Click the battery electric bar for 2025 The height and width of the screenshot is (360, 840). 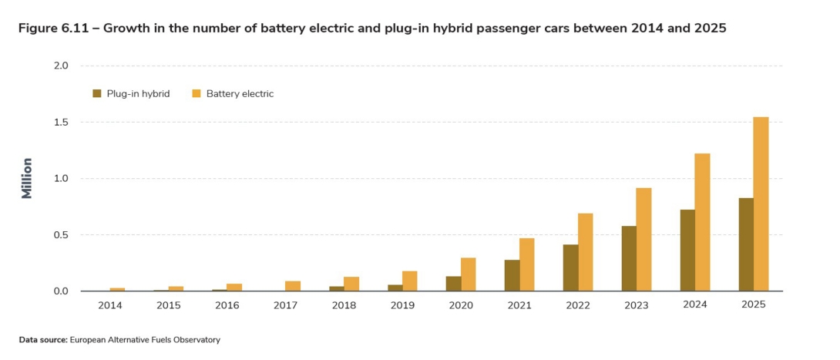pyautogui.click(x=761, y=204)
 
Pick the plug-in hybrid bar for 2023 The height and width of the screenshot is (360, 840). pyautogui.click(x=629, y=258)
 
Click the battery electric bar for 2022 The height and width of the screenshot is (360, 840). pyautogui.click(x=585, y=252)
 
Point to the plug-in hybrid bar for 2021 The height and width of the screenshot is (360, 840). pyautogui.click(x=512, y=275)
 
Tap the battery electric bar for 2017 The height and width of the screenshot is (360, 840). pyautogui.click(x=293, y=286)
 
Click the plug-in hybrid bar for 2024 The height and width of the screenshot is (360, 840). pyautogui.click(x=687, y=251)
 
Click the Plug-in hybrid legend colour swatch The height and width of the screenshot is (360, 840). pyautogui.click(x=97, y=93)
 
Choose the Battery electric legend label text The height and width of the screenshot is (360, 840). pyautogui.click(x=240, y=94)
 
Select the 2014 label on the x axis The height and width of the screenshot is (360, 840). pyautogui.click(x=110, y=305)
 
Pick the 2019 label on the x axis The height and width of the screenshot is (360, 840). pyautogui.click(x=402, y=305)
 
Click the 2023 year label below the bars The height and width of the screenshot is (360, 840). pyautogui.click(x=636, y=305)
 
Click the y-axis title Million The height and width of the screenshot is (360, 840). pyautogui.click(x=27, y=178)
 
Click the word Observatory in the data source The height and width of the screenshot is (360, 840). pyautogui.click(x=198, y=339)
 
